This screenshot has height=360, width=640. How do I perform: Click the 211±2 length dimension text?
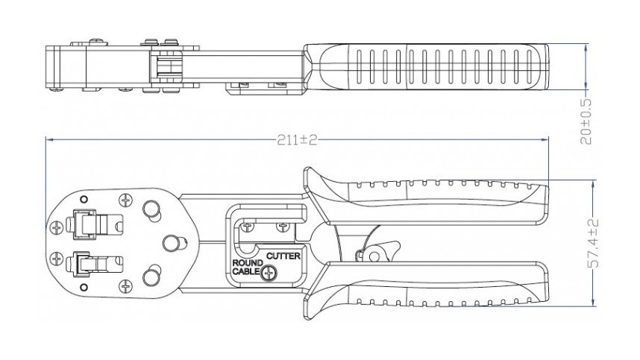297,139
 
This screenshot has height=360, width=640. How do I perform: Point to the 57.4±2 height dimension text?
594,244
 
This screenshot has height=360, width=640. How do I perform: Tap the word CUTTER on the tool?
283,256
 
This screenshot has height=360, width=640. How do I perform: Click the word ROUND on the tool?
247,264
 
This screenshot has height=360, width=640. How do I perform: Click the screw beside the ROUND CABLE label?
269,274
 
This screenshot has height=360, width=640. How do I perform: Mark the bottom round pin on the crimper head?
151,277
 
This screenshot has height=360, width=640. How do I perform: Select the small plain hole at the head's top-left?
84,199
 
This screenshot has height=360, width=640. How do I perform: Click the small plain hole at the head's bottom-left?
84,286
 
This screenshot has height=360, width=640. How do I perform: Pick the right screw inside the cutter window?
282,224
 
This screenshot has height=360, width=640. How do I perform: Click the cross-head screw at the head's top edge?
125,200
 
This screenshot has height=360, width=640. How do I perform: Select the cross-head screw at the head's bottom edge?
125,284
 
